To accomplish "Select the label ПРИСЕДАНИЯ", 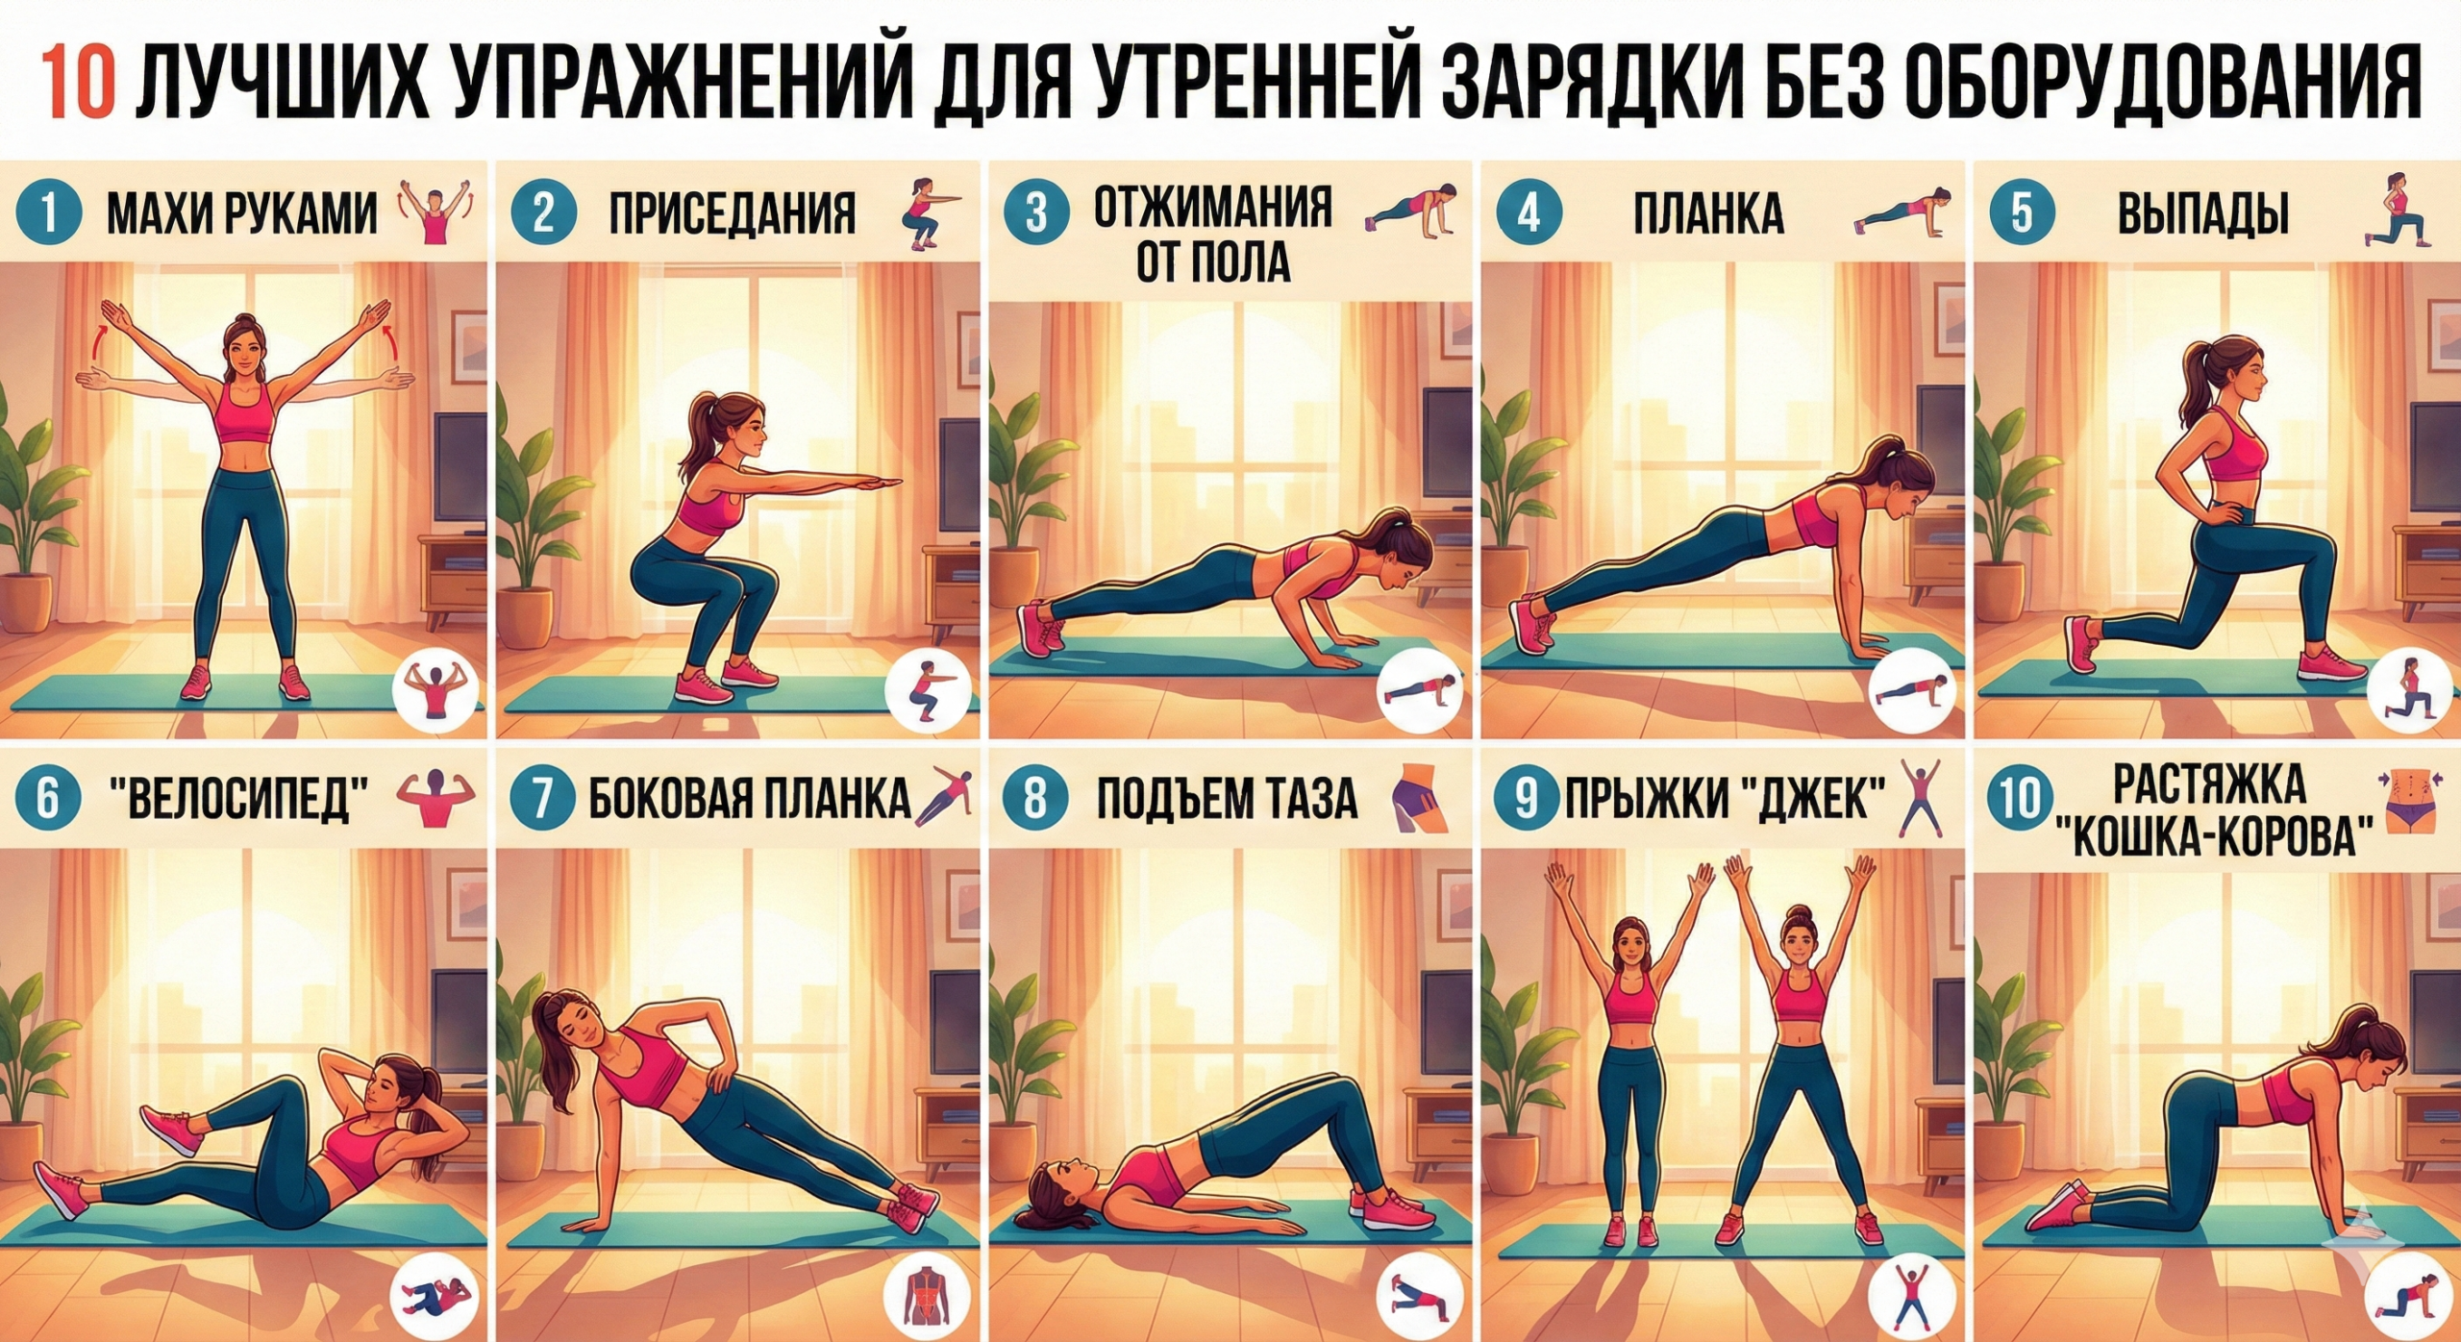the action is pyautogui.click(x=732, y=213).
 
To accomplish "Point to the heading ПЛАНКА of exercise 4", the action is pyautogui.click(x=1708, y=213).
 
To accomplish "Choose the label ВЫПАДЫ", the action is pyautogui.click(x=2202, y=213).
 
